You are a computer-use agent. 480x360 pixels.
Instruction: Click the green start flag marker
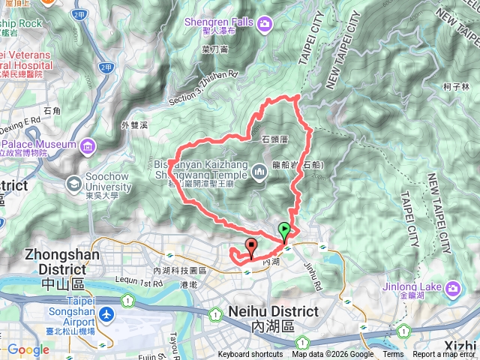284,230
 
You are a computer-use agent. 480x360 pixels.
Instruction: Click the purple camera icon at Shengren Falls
264,27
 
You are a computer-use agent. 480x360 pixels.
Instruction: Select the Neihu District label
274,311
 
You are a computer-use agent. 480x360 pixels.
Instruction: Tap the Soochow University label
110,182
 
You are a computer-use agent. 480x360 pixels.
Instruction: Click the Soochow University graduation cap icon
75,182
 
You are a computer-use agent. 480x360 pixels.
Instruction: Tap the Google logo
28,349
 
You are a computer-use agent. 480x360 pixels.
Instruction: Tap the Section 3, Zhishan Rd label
202,76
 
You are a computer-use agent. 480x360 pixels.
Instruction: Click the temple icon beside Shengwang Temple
259,172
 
